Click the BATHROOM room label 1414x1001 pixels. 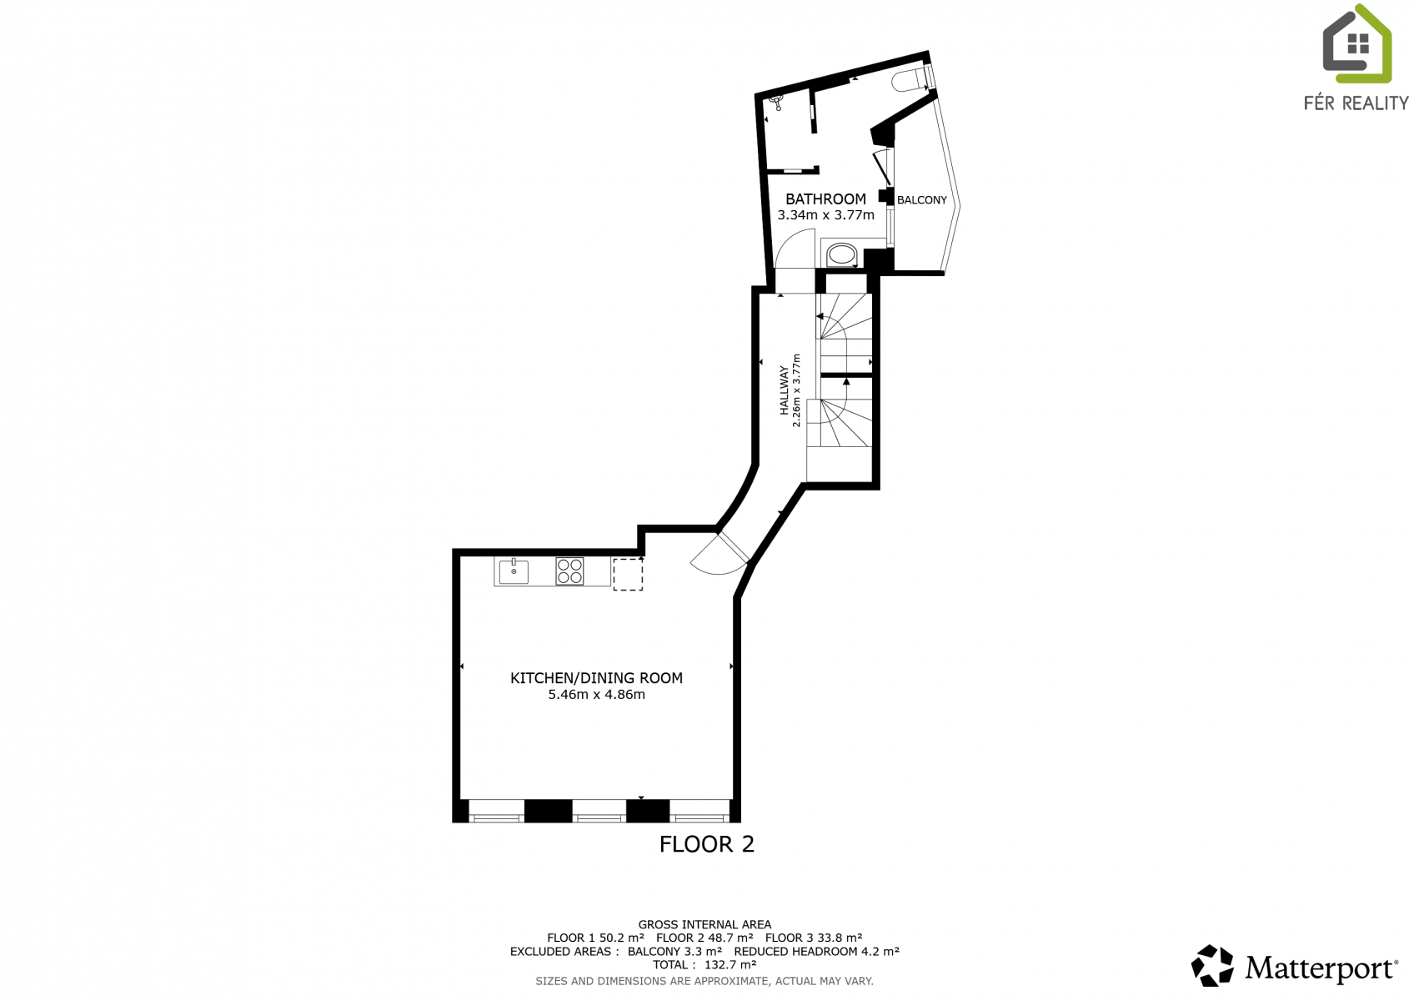tap(825, 199)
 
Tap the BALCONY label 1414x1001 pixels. tap(921, 200)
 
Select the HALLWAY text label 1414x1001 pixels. tap(784, 390)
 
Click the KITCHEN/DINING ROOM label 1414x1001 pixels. tap(597, 678)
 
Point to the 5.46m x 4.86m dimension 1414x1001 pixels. tap(597, 696)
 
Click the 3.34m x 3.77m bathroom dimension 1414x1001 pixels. tap(825, 215)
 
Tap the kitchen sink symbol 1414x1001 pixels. tap(514, 571)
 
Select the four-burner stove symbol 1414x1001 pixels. tap(569, 571)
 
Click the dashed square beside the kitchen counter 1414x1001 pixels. tap(628, 574)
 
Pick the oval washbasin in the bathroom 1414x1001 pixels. tap(841, 256)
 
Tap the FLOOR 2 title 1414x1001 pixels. tap(706, 844)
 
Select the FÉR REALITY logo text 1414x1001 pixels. tap(1356, 103)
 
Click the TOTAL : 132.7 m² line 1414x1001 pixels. tap(704, 964)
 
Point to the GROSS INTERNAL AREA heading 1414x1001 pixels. tap(704, 924)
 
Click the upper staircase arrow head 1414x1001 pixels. tap(820, 316)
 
